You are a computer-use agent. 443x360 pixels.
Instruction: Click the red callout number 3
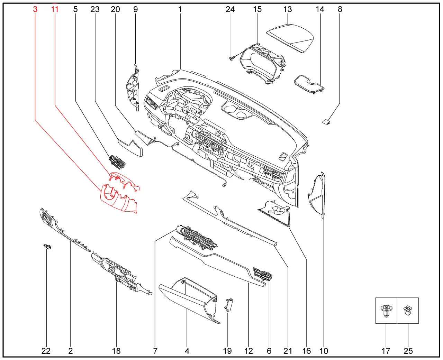[x=35, y=9]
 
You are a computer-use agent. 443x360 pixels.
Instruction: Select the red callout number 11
[x=55, y=9]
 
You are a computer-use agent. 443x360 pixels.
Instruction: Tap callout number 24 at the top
[x=230, y=9]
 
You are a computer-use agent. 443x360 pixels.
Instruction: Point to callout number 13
[x=288, y=9]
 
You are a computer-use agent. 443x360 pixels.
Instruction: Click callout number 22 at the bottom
[x=46, y=351]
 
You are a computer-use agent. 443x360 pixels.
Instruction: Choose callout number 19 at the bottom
[x=227, y=351]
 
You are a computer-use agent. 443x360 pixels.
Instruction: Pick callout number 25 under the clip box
[x=408, y=351]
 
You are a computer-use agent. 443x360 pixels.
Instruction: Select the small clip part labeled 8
[x=326, y=122]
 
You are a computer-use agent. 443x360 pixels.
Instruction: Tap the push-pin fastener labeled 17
[x=386, y=311]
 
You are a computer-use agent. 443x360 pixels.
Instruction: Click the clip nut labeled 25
[x=408, y=310]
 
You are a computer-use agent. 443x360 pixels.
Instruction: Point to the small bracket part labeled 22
[x=47, y=247]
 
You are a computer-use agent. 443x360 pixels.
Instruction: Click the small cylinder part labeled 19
[x=228, y=305]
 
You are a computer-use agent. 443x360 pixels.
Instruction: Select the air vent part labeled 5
[x=118, y=162]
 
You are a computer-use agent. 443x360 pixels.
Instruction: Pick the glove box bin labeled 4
[x=189, y=300]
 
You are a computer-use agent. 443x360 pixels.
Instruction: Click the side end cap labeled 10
[x=317, y=195]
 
